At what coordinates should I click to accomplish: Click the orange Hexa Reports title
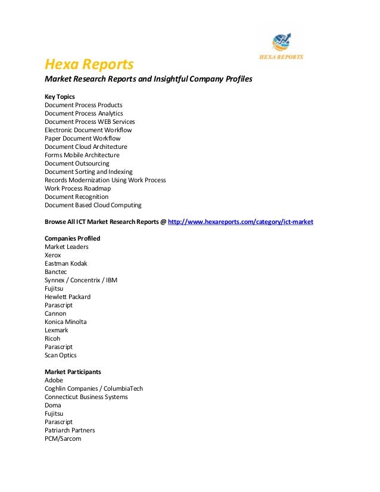[x=89, y=64]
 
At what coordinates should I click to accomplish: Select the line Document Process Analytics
[x=83, y=113]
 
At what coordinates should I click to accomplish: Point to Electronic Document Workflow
[x=88, y=130]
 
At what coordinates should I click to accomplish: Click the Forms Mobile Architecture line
[x=82, y=155]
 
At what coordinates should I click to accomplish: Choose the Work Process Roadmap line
[x=77, y=188]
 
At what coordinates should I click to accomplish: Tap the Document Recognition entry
[x=76, y=197]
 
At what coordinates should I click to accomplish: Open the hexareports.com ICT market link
[x=241, y=222]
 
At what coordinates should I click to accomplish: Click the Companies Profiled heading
[x=72, y=238]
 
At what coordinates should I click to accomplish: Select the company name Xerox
[x=53, y=255]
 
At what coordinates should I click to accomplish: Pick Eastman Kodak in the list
[x=66, y=263]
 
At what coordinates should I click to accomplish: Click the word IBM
[x=111, y=280]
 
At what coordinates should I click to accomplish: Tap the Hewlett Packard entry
[x=67, y=297]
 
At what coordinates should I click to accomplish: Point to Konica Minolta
[x=66, y=322]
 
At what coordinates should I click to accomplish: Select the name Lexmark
[x=57, y=330]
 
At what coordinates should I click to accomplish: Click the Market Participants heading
[x=73, y=372]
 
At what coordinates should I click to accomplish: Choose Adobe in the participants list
[x=54, y=380]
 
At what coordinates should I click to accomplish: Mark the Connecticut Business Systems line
[x=86, y=397]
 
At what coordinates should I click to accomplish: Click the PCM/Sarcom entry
[x=63, y=438]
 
